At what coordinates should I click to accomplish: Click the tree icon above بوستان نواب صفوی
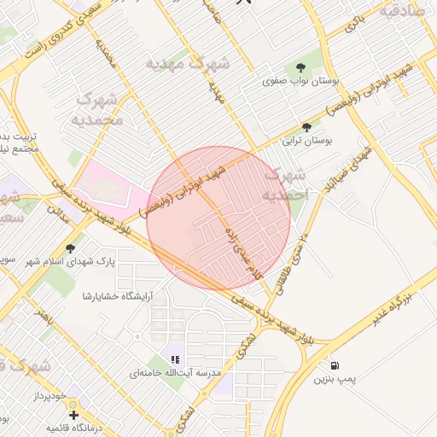[x=300, y=67]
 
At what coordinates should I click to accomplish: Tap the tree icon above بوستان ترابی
[x=306, y=125]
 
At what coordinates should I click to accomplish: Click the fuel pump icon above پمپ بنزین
[x=333, y=365]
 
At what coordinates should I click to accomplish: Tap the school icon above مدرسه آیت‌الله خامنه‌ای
[x=175, y=360]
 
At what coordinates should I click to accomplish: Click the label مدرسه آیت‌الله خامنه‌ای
[x=175, y=374]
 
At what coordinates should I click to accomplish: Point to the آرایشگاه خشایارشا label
[x=115, y=296]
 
